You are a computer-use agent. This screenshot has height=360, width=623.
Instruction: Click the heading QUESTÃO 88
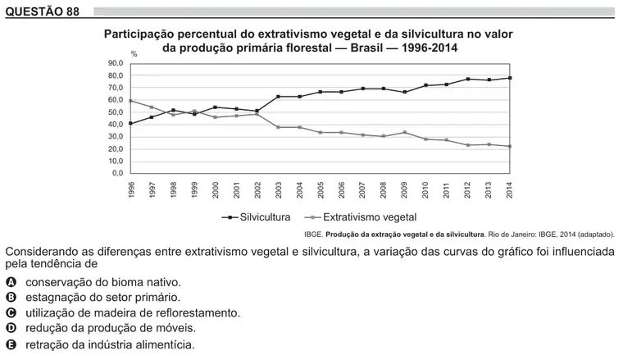(x=42, y=11)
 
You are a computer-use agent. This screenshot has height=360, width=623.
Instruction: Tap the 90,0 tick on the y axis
(x=116, y=63)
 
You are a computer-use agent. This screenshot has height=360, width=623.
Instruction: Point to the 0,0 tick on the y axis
(x=117, y=173)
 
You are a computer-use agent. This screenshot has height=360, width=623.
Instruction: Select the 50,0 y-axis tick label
(x=116, y=112)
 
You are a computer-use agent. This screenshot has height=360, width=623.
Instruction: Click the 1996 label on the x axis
(x=131, y=189)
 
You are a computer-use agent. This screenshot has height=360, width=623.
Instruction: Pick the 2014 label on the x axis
(x=509, y=189)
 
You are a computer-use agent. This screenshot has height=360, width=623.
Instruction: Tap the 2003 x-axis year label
(x=279, y=189)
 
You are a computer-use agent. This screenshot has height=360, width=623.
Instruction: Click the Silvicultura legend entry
(x=257, y=217)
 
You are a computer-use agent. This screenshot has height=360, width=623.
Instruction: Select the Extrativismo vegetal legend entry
(x=361, y=217)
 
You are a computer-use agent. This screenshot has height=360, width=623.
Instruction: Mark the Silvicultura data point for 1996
(x=130, y=124)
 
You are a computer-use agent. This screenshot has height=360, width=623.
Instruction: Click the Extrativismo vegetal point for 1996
(x=130, y=101)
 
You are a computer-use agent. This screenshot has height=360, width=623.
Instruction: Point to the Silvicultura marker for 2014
(x=510, y=78)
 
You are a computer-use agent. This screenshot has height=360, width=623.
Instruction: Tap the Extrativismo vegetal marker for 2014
(x=510, y=146)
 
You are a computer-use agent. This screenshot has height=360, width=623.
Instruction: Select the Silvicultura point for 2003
(x=278, y=97)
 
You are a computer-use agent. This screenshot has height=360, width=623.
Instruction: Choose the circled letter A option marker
(x=11, y=283)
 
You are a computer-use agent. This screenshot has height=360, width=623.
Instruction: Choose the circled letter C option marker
(x=11, y=313)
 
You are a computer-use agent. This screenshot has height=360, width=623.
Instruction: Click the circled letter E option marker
(x=11, y=344)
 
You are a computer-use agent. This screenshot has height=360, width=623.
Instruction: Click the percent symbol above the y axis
(x=134, y=54)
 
